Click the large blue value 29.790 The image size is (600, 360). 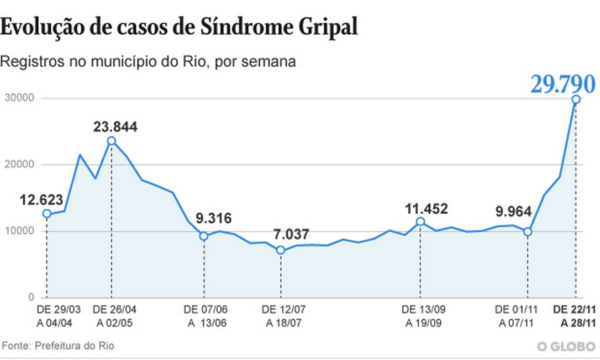pos(563,84)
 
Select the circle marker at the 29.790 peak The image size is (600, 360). pos(576,99)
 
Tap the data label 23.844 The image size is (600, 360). pos(115,127)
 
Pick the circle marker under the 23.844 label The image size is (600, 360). pos(112,141)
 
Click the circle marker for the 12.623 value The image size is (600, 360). pos(47,214)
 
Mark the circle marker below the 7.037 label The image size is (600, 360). pos(281,250)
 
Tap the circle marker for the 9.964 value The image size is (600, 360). pos(528,232)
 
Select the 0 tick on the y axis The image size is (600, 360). pos(31,298)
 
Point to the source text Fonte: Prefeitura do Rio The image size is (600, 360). pos(58,346)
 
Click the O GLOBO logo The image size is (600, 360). pos(567,347)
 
